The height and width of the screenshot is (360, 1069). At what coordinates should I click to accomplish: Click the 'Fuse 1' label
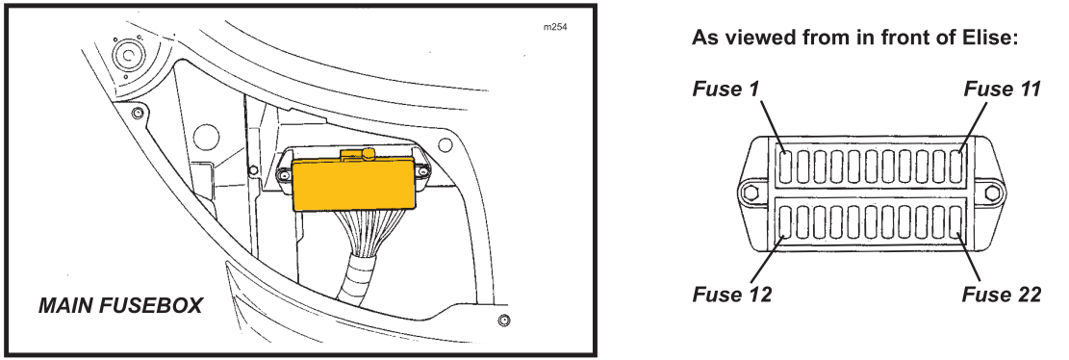tap(726, 90)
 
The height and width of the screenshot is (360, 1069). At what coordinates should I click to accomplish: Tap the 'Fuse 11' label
tap(1003, 90)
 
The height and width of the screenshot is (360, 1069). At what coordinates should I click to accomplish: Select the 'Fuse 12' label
tap(732, 295)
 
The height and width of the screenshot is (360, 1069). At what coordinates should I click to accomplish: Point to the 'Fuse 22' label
tap(1002, 295)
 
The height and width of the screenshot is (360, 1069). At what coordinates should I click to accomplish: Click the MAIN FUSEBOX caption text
tap(120, 306)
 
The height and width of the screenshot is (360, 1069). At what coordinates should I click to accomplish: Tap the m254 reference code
tap(555, 27)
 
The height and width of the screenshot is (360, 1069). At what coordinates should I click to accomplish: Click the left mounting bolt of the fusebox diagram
tap(751, 193)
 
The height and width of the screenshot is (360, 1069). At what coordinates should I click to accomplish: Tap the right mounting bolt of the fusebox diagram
tap(993, 193)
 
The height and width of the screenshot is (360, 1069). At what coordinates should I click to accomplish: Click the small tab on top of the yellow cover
tap(359, 154)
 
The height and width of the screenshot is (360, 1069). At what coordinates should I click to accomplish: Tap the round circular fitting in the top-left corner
tap(126, 56)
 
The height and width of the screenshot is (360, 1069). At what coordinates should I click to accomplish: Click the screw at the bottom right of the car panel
tap(504, 320)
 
